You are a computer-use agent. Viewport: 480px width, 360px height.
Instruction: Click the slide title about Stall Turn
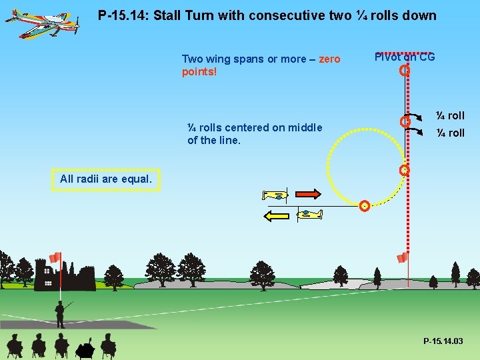pyautogui.click(x=267, y=15)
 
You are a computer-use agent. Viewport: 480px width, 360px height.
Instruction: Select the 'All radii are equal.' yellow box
pyautogui.click(x=106, y=179)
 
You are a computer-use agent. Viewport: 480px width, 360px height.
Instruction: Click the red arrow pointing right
pyautogui.click(x=307, y=194)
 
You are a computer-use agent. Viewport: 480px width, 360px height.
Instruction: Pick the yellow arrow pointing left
pyautogui.click(x=278, y=215)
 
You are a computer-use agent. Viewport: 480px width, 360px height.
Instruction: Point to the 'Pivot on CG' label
pyautogui.click(x=405, y=57)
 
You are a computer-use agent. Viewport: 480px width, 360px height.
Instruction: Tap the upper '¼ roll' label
pyautogui.click(x=450, y=115)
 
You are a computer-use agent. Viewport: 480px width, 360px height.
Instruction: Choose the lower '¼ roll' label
pyautogui.click(x=450, y=133)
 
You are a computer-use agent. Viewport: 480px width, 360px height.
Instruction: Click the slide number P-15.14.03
pyautogui.click(x=443, y=341)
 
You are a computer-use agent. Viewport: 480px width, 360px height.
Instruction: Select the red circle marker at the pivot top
pyautogui.click(x=404, y=71)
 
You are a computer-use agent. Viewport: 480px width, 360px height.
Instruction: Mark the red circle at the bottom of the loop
pyautogui.click(x=364, y=206)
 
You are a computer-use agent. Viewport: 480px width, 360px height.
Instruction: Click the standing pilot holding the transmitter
pyautogui.click(x=61, y=313)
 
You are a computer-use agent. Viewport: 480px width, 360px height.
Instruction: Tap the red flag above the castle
pyautogui.click(x=55, y=258)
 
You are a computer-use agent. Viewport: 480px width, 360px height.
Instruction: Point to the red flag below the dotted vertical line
pyautogui.click(x=402, y=258)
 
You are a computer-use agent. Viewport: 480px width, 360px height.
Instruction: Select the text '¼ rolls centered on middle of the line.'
pyautogui.click(x=254, y=133)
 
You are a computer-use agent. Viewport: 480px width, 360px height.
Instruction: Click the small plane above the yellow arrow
pyautogui.click(x=308, y=213)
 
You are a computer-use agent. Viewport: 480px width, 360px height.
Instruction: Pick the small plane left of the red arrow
pyautogui.click(x=275, y=195)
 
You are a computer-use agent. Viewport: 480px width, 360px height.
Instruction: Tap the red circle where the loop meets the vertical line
pyautogui.click(x=404, y=171)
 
